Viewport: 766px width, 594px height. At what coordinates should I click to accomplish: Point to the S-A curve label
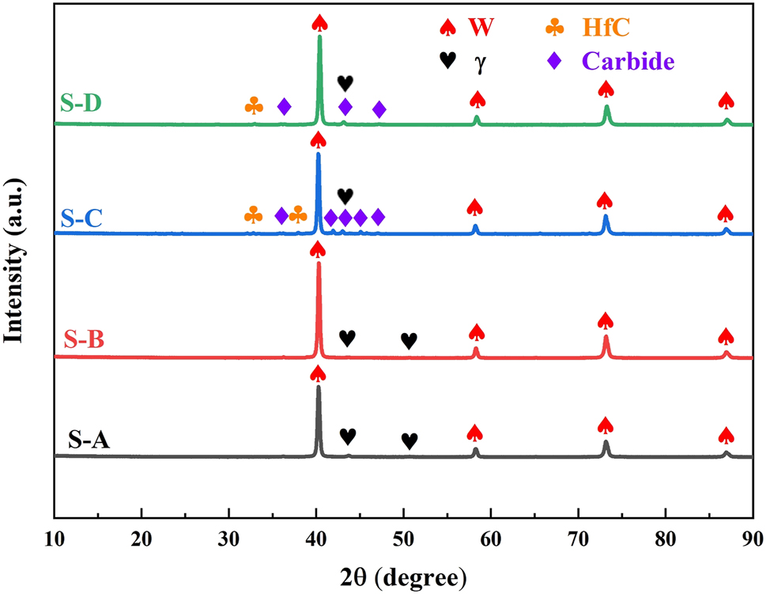click(88, 437)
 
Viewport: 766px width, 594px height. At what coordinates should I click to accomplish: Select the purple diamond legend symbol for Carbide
click(556, 59)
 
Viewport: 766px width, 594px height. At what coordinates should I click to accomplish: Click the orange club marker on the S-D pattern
click(255, 105)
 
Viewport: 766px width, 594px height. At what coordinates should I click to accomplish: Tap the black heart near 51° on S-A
click(409, 441)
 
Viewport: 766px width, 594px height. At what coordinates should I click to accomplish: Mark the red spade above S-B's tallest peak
click(318, 249)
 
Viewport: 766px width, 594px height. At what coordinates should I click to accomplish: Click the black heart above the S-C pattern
click(345, 195)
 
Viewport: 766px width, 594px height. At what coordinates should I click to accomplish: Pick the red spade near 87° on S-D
click(726, 100)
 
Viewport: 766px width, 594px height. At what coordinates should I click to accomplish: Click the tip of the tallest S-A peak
click(318, 387)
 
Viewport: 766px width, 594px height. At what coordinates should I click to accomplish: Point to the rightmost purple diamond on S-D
click(379, 109)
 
